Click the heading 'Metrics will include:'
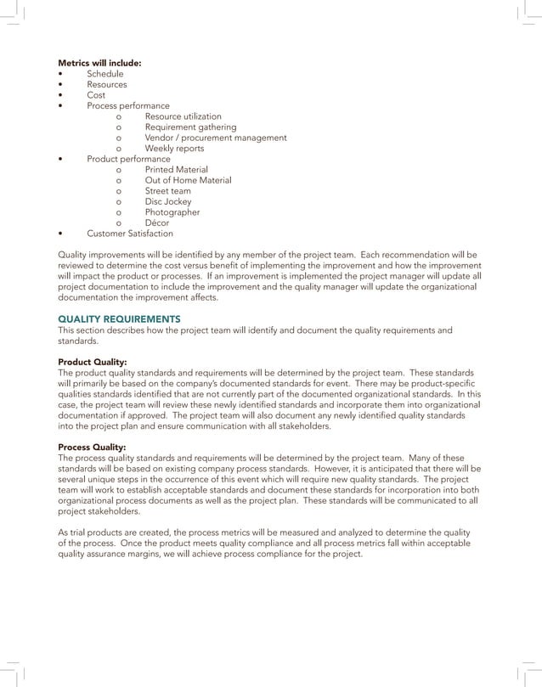[x=99, y=63]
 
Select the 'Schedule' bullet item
[x=104, y=74]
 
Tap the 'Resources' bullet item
[x=107, y=85]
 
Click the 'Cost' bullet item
[x=96, y=95]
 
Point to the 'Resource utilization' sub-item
[x=183, y=116]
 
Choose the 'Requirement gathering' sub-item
[x=190, y=127]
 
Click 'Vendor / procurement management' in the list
[x=215, y=138]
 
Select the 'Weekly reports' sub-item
[x=174, y=149]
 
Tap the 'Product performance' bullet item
[x=128, y=159]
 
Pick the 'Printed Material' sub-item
[x=176, y=170]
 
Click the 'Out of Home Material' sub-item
[x=188, y=180]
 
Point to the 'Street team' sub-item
[x=167, y=191]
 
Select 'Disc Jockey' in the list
[x=168, y=201]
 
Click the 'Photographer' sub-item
[x=172, y=212]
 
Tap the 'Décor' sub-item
[x=158, y=222]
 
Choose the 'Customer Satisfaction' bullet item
[x=129, y=234]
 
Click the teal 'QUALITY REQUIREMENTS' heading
[x=118, y=318]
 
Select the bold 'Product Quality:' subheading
[x=92, y=362]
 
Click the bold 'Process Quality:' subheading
[x=92, y=447]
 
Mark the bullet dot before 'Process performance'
[x=60, y=106]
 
